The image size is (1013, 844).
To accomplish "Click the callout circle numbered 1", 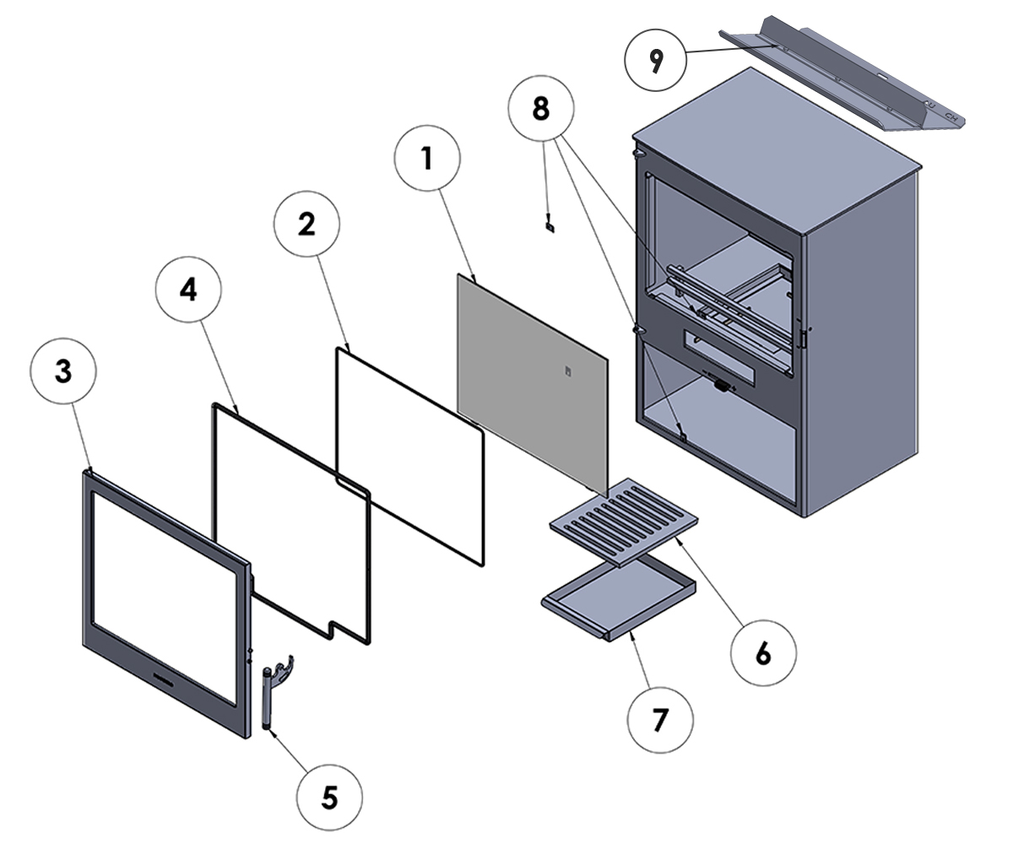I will click(428, 158).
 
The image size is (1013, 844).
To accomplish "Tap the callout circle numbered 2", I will click(307, 224).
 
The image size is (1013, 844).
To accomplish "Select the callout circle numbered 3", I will click(64, 372).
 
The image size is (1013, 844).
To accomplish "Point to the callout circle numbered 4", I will click(188, 289).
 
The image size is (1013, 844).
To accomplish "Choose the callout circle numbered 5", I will click(329, 797).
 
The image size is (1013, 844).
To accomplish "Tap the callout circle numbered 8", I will click(542, 108).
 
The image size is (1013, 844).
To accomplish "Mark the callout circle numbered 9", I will click(657, 59).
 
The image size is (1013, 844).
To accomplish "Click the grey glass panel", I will click(532, 380).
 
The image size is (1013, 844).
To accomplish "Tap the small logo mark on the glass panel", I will click(568, 370).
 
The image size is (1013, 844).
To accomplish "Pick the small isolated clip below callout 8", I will click(550, 225).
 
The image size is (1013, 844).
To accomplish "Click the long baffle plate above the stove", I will click(844, 80).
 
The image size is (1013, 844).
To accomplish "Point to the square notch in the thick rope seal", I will click(346, 629).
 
